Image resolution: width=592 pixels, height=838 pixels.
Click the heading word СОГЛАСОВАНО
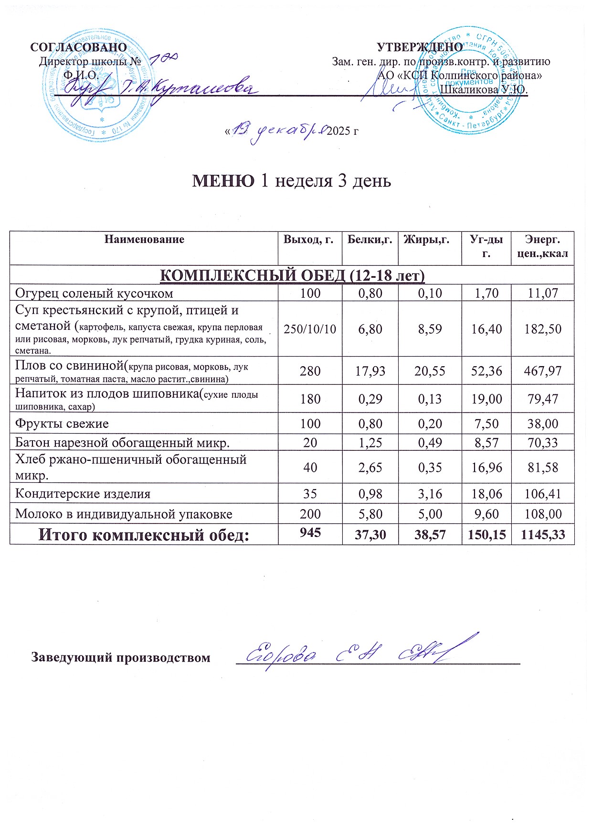(x=78, y=47)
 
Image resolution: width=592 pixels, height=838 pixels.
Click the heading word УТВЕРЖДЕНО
(x=420, y=47)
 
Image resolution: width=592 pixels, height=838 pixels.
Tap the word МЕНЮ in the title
(x=223, y=181)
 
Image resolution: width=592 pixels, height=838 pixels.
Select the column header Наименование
(x=144, y=239)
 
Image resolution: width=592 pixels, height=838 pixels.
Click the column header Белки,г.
(x=370, y=239)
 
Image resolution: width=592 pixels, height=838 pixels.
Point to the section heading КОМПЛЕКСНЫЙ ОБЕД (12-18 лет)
(x=291, y=276)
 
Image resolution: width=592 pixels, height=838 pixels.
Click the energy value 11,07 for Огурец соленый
(x=543, y=293)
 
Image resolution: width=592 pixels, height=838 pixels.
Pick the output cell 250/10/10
(x=310, y=329)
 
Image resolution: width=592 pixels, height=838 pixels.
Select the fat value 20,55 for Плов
(x=430, y=371)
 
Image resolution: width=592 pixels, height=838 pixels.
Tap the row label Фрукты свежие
(x=62, y=424)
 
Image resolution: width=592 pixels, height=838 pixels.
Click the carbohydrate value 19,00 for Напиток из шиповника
(x=486, y=399)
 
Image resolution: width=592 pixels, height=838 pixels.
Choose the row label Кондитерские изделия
(x=83, y=494)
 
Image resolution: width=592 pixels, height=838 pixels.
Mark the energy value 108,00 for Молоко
(x=543, y=514)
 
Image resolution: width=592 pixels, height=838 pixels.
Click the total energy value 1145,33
(x=543, y=535)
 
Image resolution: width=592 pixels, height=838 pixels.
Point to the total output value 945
(x=310, y=533)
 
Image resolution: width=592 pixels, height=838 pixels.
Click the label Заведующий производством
(x=121, y=658)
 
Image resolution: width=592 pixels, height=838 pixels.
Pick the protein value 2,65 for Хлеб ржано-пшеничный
(x=370, y=467)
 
